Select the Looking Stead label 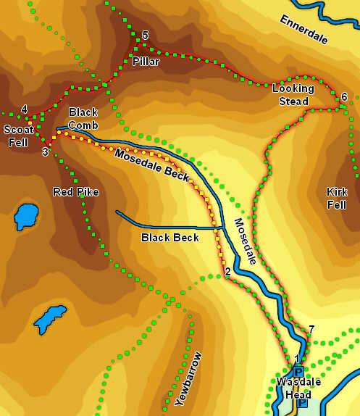click(x=293, y=94)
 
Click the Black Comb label click(x=83, y=118)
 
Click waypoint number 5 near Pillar click(x=145, y=36)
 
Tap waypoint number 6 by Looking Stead click(x=344, y=97)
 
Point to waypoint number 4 click(x=25, y=109)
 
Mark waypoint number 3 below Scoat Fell click(x=45, y=151)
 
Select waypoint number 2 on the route click(x=227, y=273)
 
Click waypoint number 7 click(x=311, y=330)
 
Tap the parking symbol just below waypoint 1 click(x=298, y=372)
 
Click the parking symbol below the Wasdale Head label click(x=301, y=403)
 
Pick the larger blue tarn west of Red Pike click(x=27, y=217)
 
